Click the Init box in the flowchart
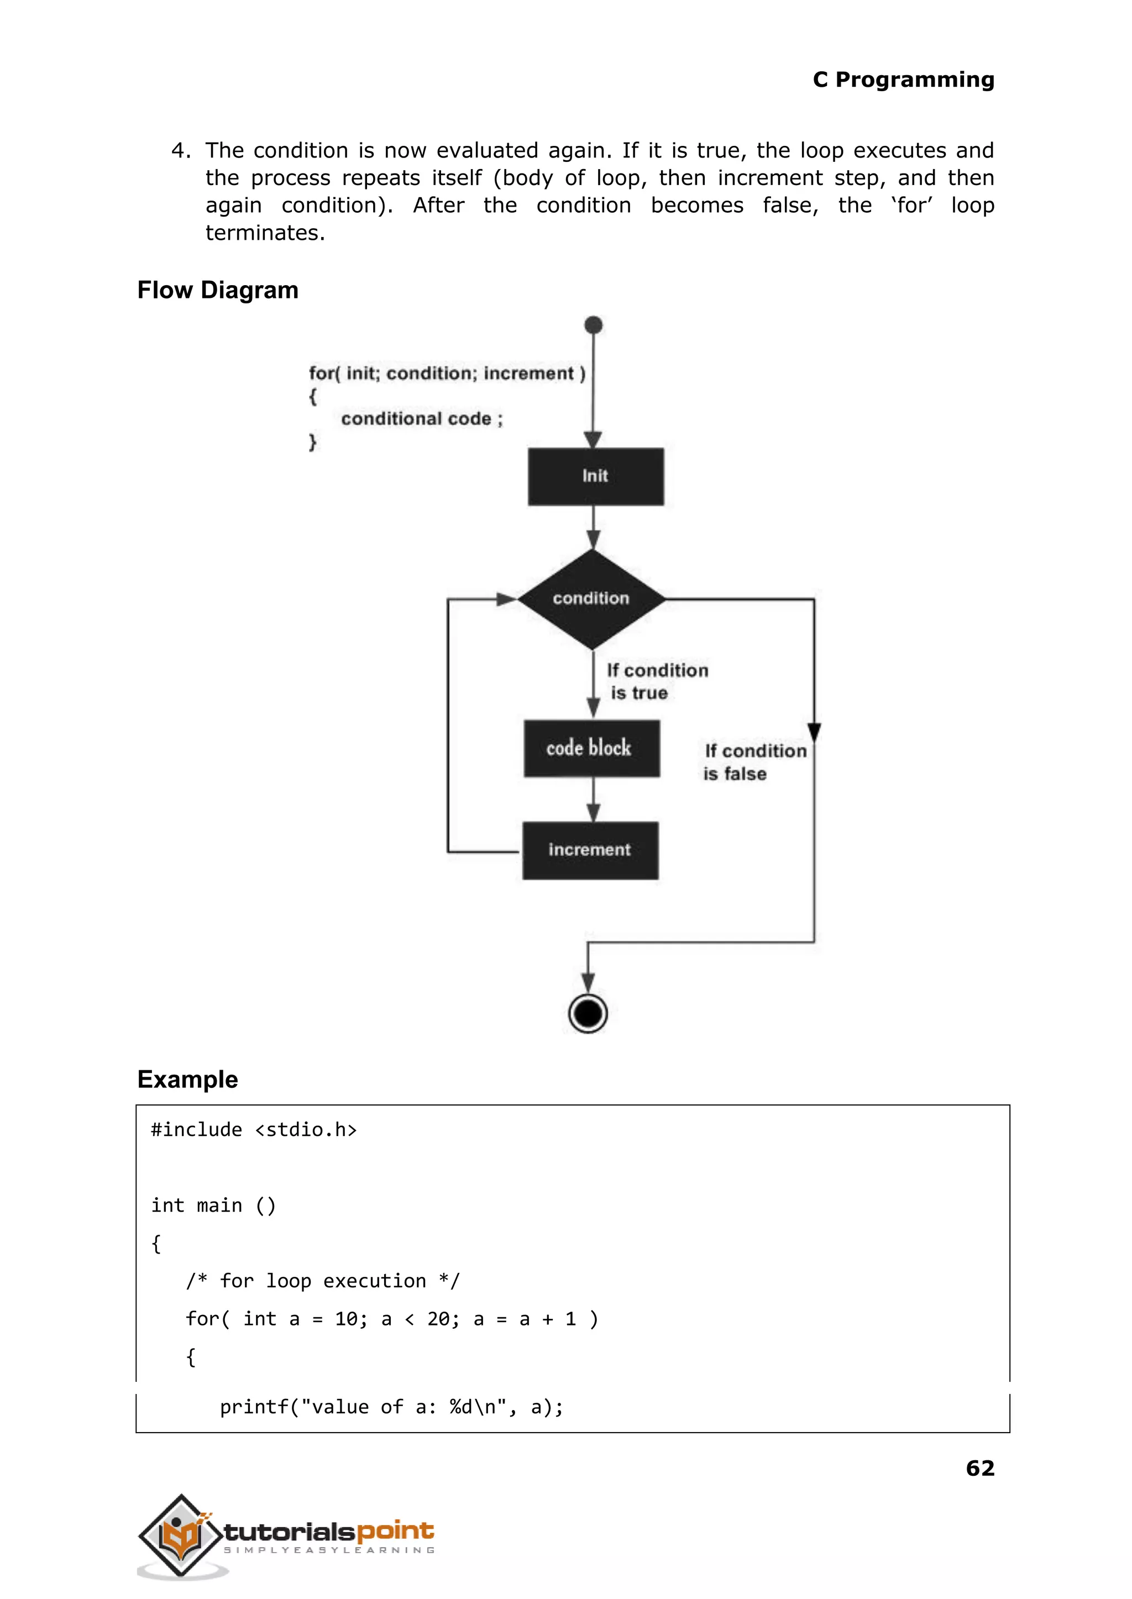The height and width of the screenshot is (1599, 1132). (595, 477)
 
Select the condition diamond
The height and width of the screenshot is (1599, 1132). (591, 598)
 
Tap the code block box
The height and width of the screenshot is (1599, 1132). (591, 748)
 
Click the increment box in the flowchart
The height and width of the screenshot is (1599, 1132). (590, 850)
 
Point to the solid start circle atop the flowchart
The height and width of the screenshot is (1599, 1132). (593, 325)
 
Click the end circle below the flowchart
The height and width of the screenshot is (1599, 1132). (588, 1014)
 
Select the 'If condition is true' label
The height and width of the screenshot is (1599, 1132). (655, 681)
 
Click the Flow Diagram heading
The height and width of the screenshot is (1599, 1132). (217, 290)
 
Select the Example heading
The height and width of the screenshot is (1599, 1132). (187, 1079)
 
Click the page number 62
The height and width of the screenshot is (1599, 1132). (979, 1468)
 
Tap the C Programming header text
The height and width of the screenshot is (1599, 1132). (903, 80)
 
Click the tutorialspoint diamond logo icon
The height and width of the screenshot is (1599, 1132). (181, 1535)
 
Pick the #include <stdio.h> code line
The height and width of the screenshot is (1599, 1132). (254, 1130)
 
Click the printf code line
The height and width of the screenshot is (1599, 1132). (391, 1407)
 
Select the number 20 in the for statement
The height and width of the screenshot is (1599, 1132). (438, 1319)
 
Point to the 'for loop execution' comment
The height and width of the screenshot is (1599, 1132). (322, 1281)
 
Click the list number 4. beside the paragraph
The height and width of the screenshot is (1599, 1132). (181, 150)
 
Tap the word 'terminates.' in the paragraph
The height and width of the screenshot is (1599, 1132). (265, 233)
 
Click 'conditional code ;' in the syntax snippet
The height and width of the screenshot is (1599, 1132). (421, 419)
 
